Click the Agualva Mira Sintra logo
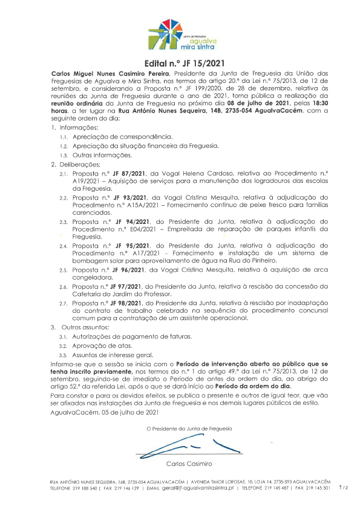click(180, 35)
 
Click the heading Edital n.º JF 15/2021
click(180, 62)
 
